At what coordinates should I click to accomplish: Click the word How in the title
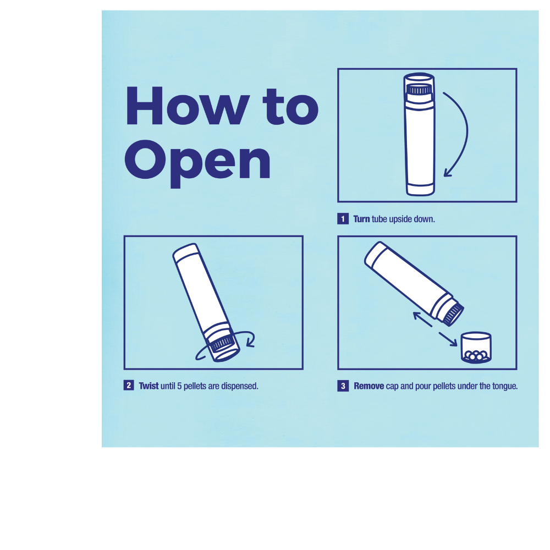click(188, 106)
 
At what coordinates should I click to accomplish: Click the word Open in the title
click(197, 163)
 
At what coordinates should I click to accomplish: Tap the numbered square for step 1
click(343, 219)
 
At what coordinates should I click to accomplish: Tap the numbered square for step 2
click(129, 386)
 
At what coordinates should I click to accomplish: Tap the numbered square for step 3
click(343, 386)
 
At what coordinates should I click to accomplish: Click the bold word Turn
click(361, 219)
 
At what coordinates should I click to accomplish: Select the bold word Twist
click(148, 386)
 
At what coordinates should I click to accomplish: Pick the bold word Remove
click(369, 386)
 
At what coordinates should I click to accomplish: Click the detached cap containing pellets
click(476, 348)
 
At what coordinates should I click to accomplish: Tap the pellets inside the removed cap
click(476, 356)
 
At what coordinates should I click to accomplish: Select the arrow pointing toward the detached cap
click(448, 339)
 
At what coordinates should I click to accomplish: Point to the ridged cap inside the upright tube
click(419, 89)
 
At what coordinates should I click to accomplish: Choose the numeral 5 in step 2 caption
click(179, 386)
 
